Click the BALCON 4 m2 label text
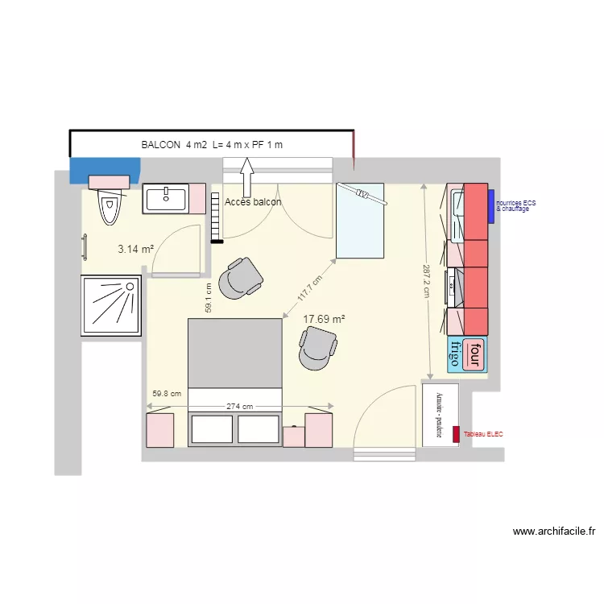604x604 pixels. [213, 145]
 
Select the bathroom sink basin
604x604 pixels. [165, 197]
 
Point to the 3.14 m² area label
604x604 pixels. [135, 250]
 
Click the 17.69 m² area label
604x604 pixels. [324, 319]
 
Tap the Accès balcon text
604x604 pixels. [253, 202]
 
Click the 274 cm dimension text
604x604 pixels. [239, 407]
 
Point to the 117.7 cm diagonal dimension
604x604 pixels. [309, 288]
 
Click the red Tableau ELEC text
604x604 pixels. [482, 434]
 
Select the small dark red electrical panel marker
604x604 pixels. [457, 434]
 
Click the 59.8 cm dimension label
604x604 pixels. [167, 394]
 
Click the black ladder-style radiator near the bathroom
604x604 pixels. [215, 217]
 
